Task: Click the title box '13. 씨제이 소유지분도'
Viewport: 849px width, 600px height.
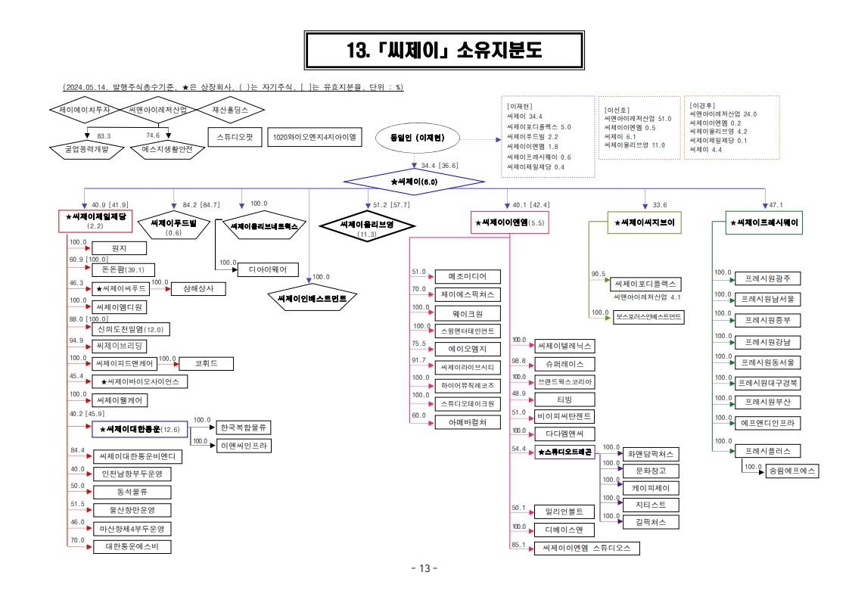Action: [x=444, y=51]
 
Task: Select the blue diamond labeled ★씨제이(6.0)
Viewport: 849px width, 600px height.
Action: [x=414, y=182]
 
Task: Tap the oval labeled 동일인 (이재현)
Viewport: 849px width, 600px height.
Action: [x=416, y=138]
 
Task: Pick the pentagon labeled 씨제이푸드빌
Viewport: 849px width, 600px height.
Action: [x=173, y=224]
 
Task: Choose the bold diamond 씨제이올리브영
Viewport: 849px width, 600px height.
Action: [x=367, y=225]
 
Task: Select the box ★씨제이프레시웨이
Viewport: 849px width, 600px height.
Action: [x=762, y=223]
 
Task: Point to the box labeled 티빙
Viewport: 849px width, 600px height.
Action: [x=564, y=399]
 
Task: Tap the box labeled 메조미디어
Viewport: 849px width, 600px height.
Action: [x=468, y=276]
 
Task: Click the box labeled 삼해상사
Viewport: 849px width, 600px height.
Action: [x=198, y=288]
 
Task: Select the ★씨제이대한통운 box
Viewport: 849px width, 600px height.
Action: [x=139, y=429]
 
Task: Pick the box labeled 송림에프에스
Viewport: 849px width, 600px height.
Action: [x=791, y=470]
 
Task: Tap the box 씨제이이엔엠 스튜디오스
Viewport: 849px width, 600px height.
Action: [x=586, y=548]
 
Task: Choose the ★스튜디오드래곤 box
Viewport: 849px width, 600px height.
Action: [x=565, y=452]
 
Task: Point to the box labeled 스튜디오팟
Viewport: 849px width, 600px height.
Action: [x=234, y=138]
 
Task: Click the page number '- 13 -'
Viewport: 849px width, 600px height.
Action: [x=424, y=569]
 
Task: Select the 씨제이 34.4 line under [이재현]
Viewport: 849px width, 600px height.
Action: [x=525, y=117]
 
